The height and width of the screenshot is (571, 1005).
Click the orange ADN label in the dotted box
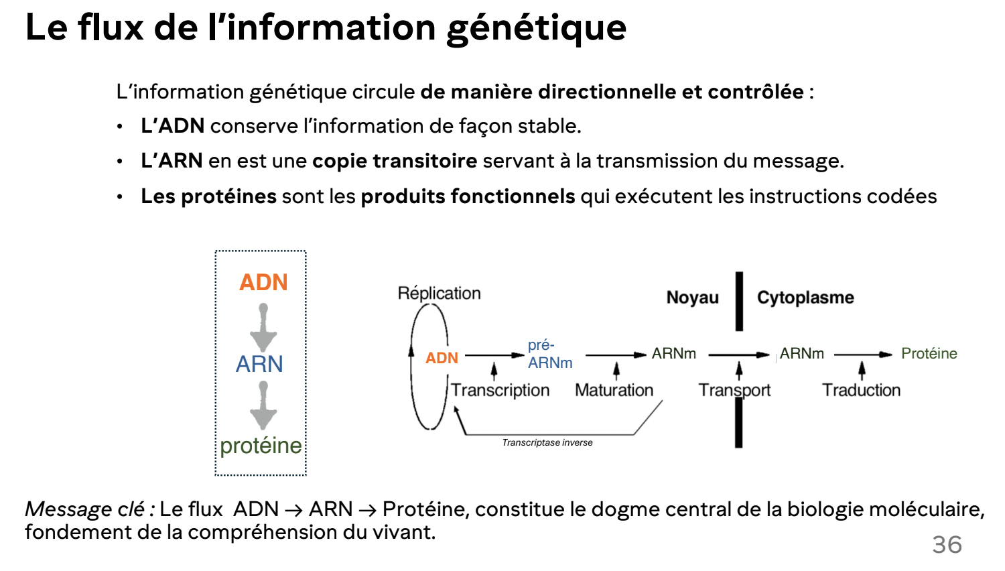(x=263, y=282)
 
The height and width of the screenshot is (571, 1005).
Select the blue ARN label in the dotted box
(x=259, y=364)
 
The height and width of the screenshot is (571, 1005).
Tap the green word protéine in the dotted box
(x=261, y=445)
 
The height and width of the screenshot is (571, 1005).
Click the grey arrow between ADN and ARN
(x=263, y=328)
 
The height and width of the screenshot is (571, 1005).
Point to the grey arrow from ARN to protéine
(x=263, y=405)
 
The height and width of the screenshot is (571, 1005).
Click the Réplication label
(x=439, y=293)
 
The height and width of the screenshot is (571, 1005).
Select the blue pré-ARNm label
(x=549, y=354)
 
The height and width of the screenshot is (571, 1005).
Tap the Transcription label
(x=500, y=390)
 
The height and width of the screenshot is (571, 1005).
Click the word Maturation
(x=614, y=390)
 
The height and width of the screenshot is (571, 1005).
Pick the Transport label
(x=734, y=390)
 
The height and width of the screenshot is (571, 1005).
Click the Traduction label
(x=861, y=390)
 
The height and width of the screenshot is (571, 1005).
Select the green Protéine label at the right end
(x=929, y=353)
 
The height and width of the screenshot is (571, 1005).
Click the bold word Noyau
(x=692, y=298)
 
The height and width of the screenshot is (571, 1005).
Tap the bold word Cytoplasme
(x=805, y=298)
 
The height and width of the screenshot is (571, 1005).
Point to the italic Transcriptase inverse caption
(x=547, y=442)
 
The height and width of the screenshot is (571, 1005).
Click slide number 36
(x=947, y=544)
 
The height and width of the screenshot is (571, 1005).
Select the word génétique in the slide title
(x=536, y=28)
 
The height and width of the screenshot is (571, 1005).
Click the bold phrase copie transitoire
(x=395, y=161)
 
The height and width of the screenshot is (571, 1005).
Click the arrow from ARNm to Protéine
(x=863, y=355)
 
